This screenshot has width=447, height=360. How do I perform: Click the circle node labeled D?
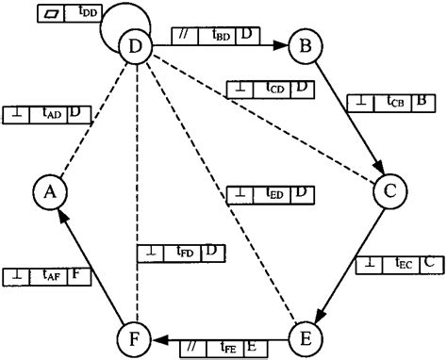(x=136, y=45)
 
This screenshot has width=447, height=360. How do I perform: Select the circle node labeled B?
(x=305, y=45)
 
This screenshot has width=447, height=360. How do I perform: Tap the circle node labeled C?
(x=388, y=191)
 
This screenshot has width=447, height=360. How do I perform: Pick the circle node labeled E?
(x=305, y=336)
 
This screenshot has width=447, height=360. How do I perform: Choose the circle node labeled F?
(x=136, y=336)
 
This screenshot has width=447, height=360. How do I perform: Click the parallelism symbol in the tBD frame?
(x=185, y=36)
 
